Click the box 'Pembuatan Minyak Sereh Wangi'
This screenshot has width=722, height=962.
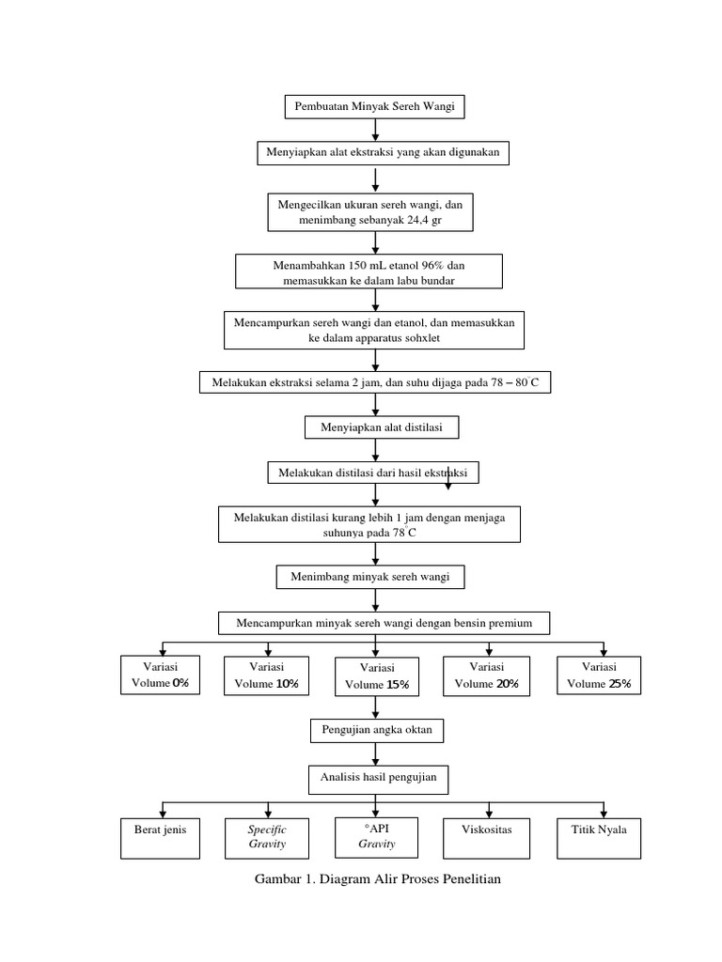click(x=374, y=107)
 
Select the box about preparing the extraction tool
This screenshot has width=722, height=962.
click(x=384, y=153)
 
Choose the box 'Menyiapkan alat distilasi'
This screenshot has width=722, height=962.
click(x=381, y=427)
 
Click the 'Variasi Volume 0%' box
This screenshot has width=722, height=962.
click(x=161, y=675)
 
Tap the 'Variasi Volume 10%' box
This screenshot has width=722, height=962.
click(x=267, y=675)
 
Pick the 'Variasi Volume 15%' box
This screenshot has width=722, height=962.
click(x=377, y=676)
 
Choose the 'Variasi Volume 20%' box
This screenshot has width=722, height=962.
click(x=486, y=675)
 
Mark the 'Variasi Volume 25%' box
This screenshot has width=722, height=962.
click(x=600, y=675)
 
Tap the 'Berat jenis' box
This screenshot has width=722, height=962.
click(x=161, y=837)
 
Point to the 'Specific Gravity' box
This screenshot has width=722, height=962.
click(x=267, y=837)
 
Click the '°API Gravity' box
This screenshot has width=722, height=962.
click(x=376, y=836)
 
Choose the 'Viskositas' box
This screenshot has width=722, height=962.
click(x=486, y=837)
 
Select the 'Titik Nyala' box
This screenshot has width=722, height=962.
click(x=600, y=837)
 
